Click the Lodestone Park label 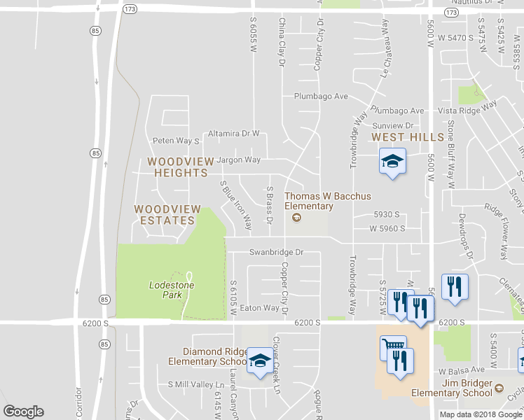[x=165, y=290]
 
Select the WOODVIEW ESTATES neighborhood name [x=167, y=215]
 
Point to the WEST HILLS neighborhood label [x=408, y=137]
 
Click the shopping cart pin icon [x=393, y=348]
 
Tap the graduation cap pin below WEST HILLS [x=392, y=161]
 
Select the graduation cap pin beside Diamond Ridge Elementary [x=260, y=360]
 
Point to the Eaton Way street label [x=259, y=308]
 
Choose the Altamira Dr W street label [x=233, y=133]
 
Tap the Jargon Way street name [x=237, y=160]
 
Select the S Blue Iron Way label [x=236, y=205]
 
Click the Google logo [x=23, y=412]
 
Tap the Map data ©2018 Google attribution [x=480, y=414]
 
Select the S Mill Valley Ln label [x=196, y=385]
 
